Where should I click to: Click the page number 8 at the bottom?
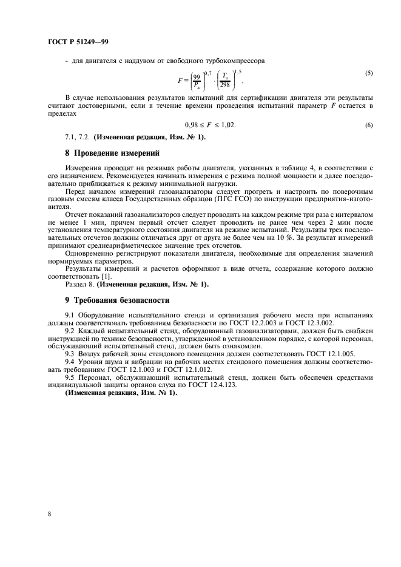coord(49,514)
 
